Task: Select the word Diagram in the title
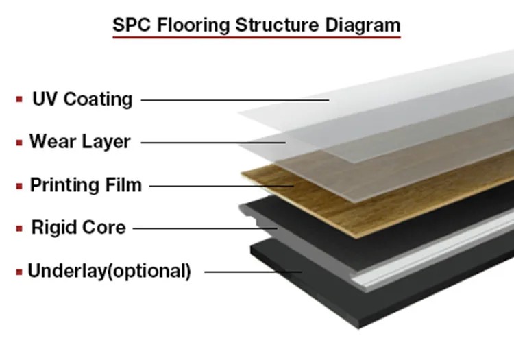363,25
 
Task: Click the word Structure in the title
278,25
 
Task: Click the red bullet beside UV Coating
19,99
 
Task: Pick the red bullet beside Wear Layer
19,143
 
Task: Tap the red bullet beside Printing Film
19,187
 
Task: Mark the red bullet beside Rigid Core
19,228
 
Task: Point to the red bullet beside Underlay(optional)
19,272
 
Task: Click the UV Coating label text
82,99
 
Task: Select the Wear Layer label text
80,142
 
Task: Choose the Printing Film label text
86,185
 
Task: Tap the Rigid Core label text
78,227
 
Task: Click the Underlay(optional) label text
109,271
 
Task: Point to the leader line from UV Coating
235,100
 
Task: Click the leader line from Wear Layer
213,143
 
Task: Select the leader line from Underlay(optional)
253,272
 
